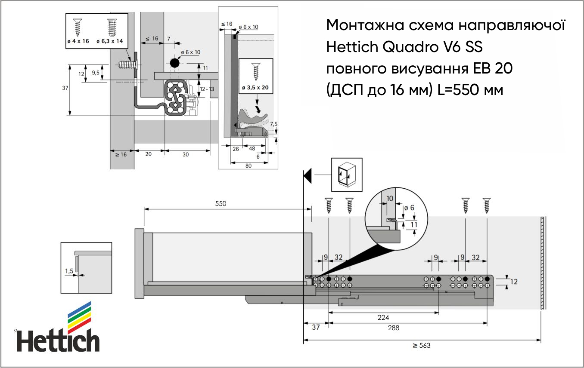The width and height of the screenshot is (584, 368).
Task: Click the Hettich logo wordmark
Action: [58, 340]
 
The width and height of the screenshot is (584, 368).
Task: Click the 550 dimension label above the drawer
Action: [221, 203]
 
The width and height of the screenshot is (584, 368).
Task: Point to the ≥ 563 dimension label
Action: [422, 345]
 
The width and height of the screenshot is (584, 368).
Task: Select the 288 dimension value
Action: [393, 328]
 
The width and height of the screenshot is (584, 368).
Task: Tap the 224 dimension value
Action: [383, 317]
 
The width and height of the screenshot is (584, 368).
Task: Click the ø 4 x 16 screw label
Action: [78, 41]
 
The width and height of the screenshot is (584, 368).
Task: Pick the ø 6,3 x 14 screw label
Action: [109, 41]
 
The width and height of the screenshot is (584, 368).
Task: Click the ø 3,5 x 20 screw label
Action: [255, 87]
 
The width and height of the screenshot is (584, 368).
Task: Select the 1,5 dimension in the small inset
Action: [69, 271]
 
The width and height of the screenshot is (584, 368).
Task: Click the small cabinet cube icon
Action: [347, 175]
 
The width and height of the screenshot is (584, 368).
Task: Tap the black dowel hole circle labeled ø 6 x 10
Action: [174, 63]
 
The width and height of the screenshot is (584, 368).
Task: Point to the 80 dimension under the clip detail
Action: [249, 166]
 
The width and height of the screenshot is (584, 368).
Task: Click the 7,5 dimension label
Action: [274, 124]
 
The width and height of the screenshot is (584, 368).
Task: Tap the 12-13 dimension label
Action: [207, 89]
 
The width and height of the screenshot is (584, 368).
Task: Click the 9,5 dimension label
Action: [96, 73]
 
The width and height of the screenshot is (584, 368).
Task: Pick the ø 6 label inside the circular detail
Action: [409, 208]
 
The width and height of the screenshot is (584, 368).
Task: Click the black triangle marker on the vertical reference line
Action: [308, 176]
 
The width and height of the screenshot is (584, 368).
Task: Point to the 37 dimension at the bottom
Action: [316, 327]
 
